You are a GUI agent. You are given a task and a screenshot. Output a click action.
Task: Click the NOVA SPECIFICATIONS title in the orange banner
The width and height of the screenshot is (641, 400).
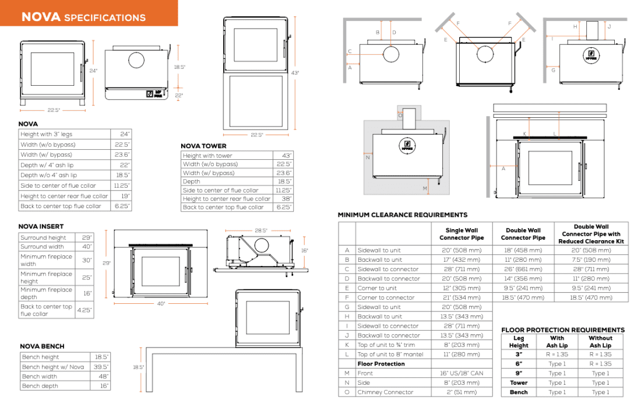coord(83,17)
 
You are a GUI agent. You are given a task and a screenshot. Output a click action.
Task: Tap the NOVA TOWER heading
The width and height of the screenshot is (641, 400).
coord(203,146)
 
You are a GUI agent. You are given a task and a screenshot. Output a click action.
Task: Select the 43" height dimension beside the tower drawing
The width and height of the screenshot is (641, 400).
coord(295,73)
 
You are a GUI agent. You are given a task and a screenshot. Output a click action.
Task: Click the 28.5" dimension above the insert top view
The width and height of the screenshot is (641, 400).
coord(261,231)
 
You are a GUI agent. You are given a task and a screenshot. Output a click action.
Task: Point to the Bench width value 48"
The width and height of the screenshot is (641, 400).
coord(103,376)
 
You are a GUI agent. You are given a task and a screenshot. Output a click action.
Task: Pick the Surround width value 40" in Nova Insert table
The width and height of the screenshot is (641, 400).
coord(87,247)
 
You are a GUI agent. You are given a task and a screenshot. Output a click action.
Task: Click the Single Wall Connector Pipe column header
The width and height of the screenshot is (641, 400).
coord(462,234)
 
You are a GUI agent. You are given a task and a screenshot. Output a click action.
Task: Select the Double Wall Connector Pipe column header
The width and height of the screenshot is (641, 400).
coord(523,234)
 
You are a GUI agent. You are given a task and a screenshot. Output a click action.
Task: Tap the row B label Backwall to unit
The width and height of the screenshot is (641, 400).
coord(379,259)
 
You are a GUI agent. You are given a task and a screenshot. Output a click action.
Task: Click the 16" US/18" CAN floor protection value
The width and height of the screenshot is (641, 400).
coord(462,373)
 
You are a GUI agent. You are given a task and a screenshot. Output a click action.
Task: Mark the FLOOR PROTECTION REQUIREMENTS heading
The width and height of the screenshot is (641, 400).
coord(563,330)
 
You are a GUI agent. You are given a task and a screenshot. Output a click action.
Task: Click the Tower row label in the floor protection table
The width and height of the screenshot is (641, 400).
coord(519,383)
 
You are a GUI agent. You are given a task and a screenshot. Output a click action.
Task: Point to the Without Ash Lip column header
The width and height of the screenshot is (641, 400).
coord(600,342)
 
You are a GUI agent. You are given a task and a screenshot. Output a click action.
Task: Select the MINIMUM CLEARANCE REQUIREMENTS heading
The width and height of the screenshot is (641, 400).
coord(403,215)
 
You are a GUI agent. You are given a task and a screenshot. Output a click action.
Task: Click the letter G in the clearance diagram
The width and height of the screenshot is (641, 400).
coord(553,71)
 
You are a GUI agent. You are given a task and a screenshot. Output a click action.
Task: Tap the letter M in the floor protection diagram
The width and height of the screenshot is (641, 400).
coord(425,188)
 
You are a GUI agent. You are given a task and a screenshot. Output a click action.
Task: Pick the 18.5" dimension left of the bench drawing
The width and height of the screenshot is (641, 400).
coord(138,367)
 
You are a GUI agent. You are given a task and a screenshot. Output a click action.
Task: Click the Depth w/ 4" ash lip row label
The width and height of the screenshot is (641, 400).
coord(47,165)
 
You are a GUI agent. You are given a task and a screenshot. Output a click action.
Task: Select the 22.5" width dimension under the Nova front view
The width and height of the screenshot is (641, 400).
coord(53,110)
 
